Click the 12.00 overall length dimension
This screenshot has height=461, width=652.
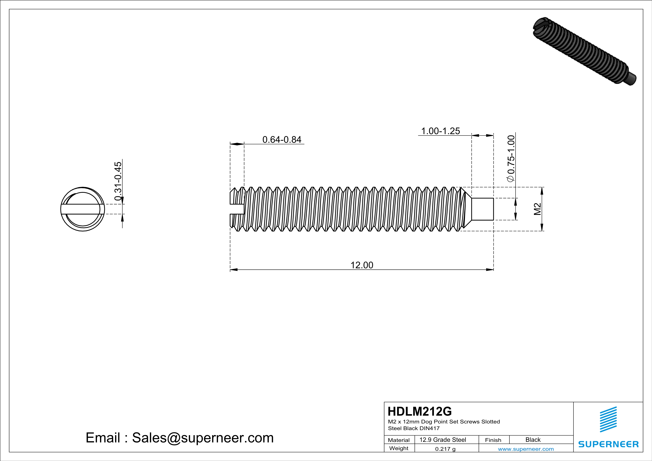(362, 265)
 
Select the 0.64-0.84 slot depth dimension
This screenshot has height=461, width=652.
(282, 139)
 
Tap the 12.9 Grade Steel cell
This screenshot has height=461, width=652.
(443, 440)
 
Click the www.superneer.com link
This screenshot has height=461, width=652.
(526, 449)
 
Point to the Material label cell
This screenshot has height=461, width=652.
(399, 440)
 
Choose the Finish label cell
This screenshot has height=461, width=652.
(493, 440)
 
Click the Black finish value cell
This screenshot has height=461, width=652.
(533, 440)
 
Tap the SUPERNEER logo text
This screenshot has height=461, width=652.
(608, 444)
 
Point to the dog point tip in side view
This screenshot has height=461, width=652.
(482, 209)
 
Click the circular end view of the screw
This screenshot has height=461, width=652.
(83, 209)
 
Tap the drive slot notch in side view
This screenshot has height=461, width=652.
(237, 209)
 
